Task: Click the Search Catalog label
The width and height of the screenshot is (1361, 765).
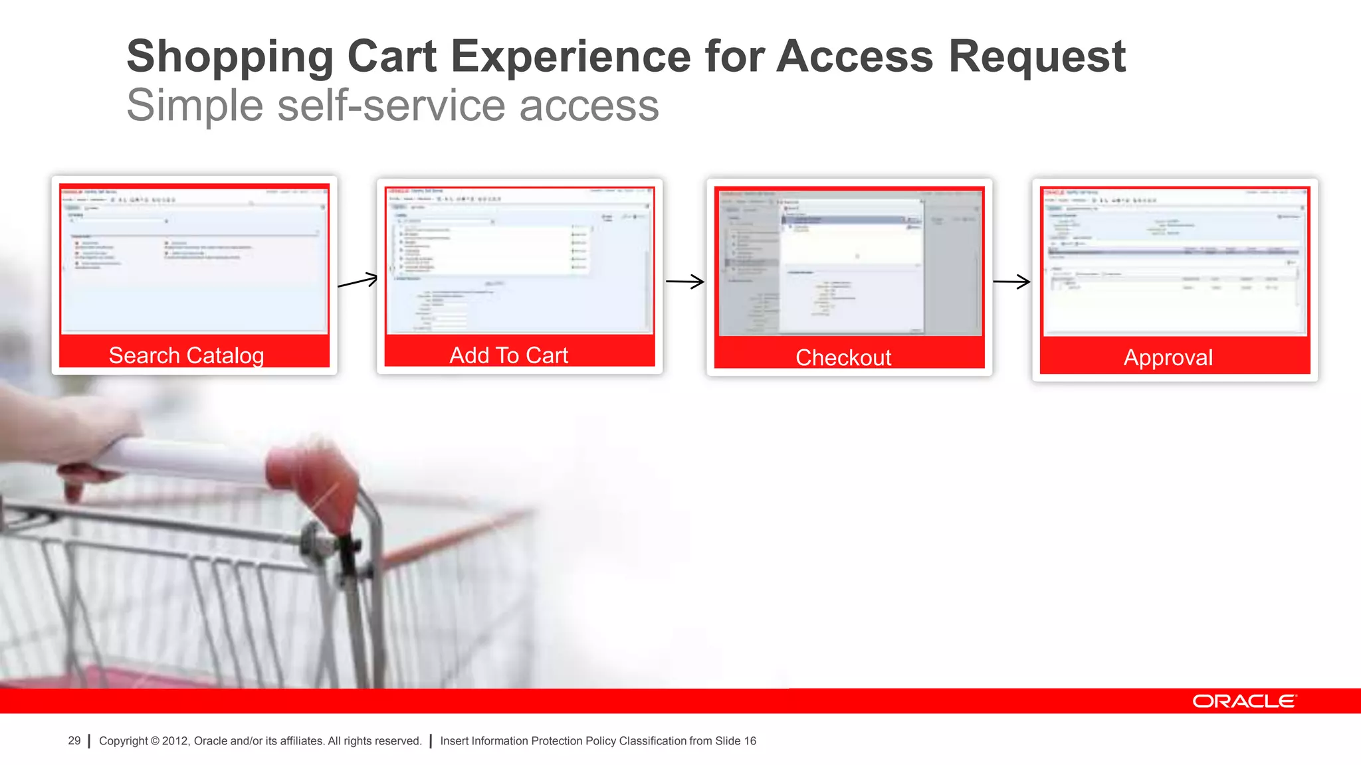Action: point(186,355)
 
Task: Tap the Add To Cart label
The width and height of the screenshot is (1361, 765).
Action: point(508,355)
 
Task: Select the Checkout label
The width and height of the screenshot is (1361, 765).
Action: point(843,357)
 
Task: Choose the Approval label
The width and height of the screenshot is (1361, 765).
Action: point(1168,357)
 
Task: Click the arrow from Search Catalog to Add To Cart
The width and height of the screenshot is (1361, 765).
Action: point(358,281)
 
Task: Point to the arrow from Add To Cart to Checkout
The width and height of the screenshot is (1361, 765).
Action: point(684,282)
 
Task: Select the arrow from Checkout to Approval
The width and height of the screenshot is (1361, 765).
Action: point(1011,282)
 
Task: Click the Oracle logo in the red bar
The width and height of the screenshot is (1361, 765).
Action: point(1243,701)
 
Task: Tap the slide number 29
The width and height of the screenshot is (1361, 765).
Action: point(74,740)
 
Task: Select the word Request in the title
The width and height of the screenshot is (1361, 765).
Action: point(1037,56)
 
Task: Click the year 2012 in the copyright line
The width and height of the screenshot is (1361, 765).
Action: point(175,740)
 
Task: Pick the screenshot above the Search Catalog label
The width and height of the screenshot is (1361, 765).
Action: point(194,259)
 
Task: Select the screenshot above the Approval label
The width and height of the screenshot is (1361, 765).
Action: point(1174,261)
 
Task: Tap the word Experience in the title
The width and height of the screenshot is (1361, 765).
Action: point(571,56)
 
